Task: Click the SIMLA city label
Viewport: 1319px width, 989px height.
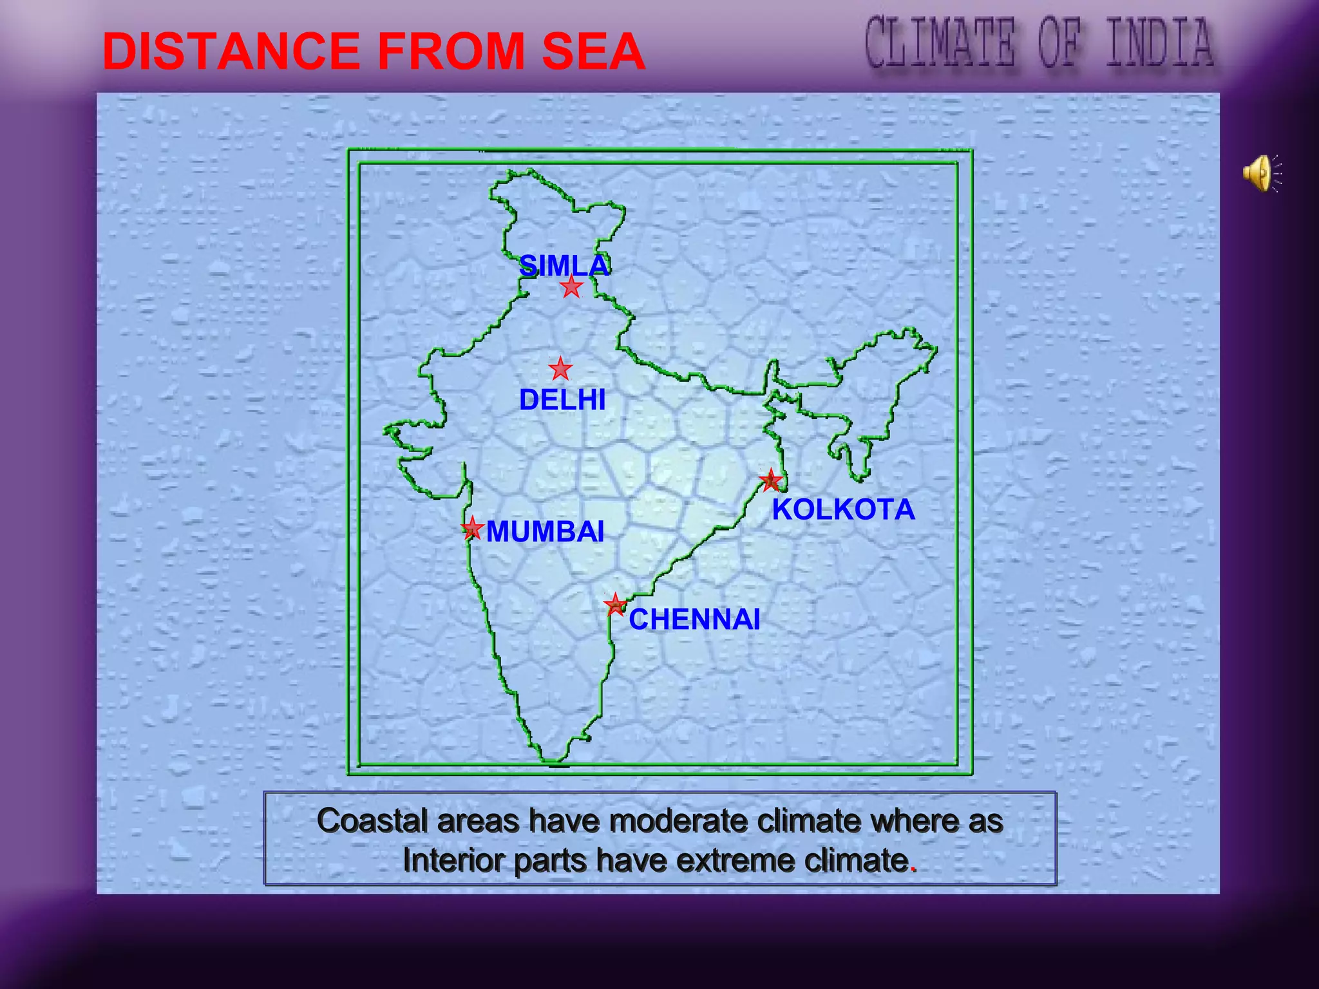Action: coord(564,265)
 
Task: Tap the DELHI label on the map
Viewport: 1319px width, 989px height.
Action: coord(562,400)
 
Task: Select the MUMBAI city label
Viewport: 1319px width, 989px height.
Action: coord(545,532)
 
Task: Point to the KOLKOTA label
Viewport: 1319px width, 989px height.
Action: coord(843,509)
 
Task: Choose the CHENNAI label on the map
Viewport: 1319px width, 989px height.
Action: coord(694,619)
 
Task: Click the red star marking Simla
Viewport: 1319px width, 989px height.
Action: coord(571,287)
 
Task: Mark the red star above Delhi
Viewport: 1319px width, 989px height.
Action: coord(560,370)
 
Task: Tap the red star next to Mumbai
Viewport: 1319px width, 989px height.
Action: coord(472,528)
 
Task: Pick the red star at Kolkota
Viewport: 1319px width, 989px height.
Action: coord(770,480)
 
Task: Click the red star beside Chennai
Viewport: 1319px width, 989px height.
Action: coord(616,605)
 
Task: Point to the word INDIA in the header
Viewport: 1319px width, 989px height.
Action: coord(1160,43)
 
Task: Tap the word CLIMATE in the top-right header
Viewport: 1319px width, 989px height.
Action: coord(940,43)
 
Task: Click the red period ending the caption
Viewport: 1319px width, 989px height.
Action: coord(913,869)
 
